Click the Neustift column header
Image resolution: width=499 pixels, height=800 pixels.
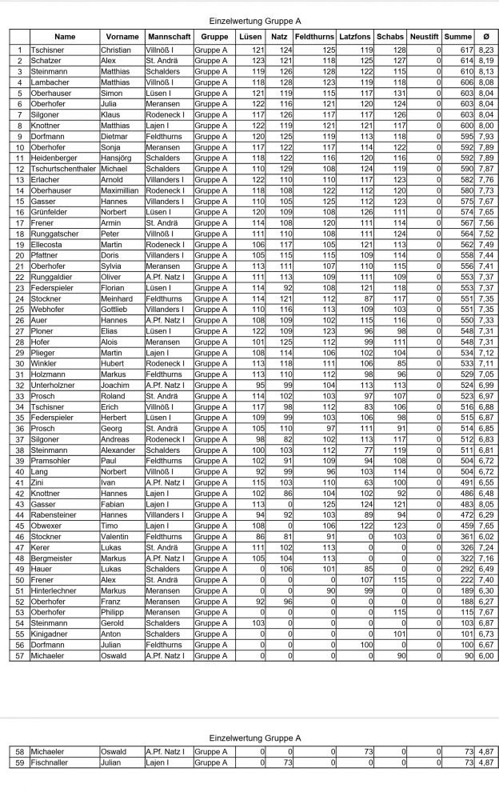pos(425,37)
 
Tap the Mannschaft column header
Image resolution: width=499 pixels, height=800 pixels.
pos(168,37)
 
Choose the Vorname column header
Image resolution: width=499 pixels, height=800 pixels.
pos(122,37)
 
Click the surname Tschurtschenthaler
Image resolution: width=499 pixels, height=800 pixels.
pos(64,170)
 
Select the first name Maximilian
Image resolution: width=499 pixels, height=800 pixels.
pos(122,191)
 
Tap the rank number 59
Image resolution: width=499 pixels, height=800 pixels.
pos(20,763)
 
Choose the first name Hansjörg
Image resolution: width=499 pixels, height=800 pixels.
pos(118,158)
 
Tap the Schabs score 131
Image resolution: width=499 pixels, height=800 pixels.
pos(397,94)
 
